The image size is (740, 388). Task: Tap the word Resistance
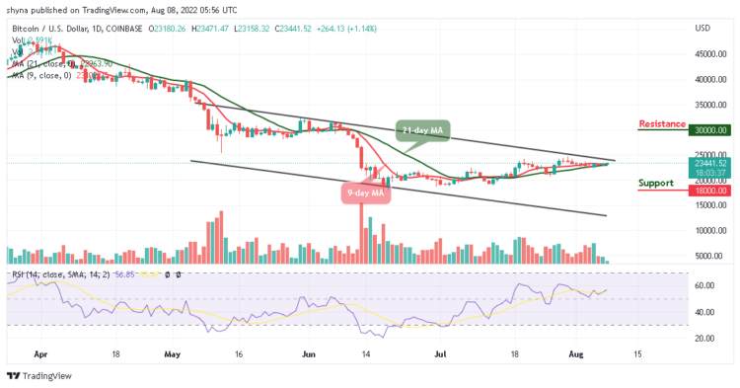[662, 123]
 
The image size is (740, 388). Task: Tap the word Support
[656, 183]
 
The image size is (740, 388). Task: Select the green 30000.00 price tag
[709, 129]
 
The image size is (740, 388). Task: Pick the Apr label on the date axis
[38, 352]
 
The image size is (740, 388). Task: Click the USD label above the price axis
[703, 28]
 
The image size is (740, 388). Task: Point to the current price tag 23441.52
[709, 163]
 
